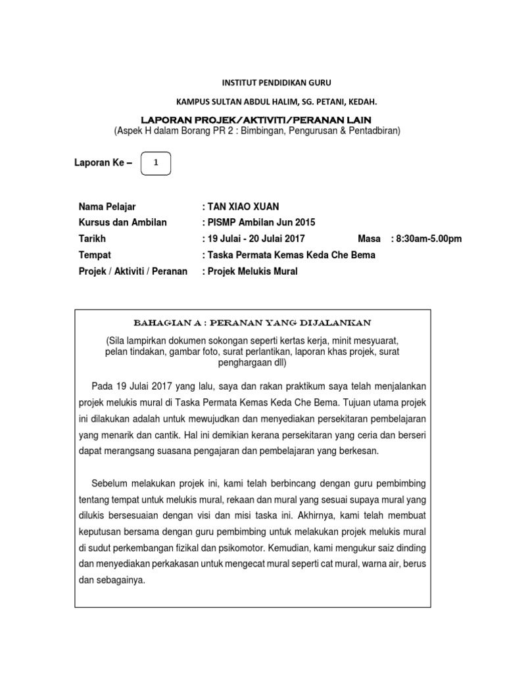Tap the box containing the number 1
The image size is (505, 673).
[156, 162]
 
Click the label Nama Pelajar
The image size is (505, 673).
[108, 206]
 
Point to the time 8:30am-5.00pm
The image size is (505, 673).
[429, 239]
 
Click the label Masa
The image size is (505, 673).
[369, 239]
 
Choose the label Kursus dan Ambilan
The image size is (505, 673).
[122, 222]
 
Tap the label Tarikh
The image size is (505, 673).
[92, 239]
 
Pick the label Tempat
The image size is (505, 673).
[95, 255]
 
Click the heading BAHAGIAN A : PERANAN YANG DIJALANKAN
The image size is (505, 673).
[252, 322]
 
